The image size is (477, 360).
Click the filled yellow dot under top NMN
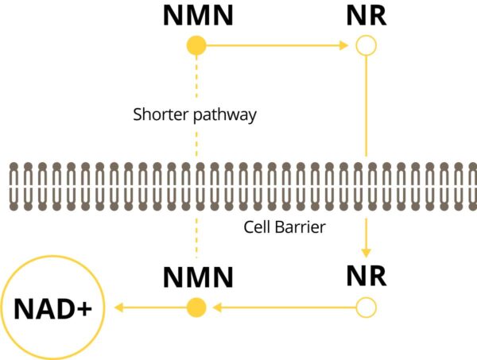click(x=196, y=47)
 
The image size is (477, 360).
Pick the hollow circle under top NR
click(x=366, y=47)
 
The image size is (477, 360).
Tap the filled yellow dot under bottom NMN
click(x=196, y=307)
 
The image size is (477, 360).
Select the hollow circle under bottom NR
click(x=366, y=307)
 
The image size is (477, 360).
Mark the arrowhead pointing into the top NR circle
click(x=343, y=47)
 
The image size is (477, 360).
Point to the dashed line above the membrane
click(x=196, y=87)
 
